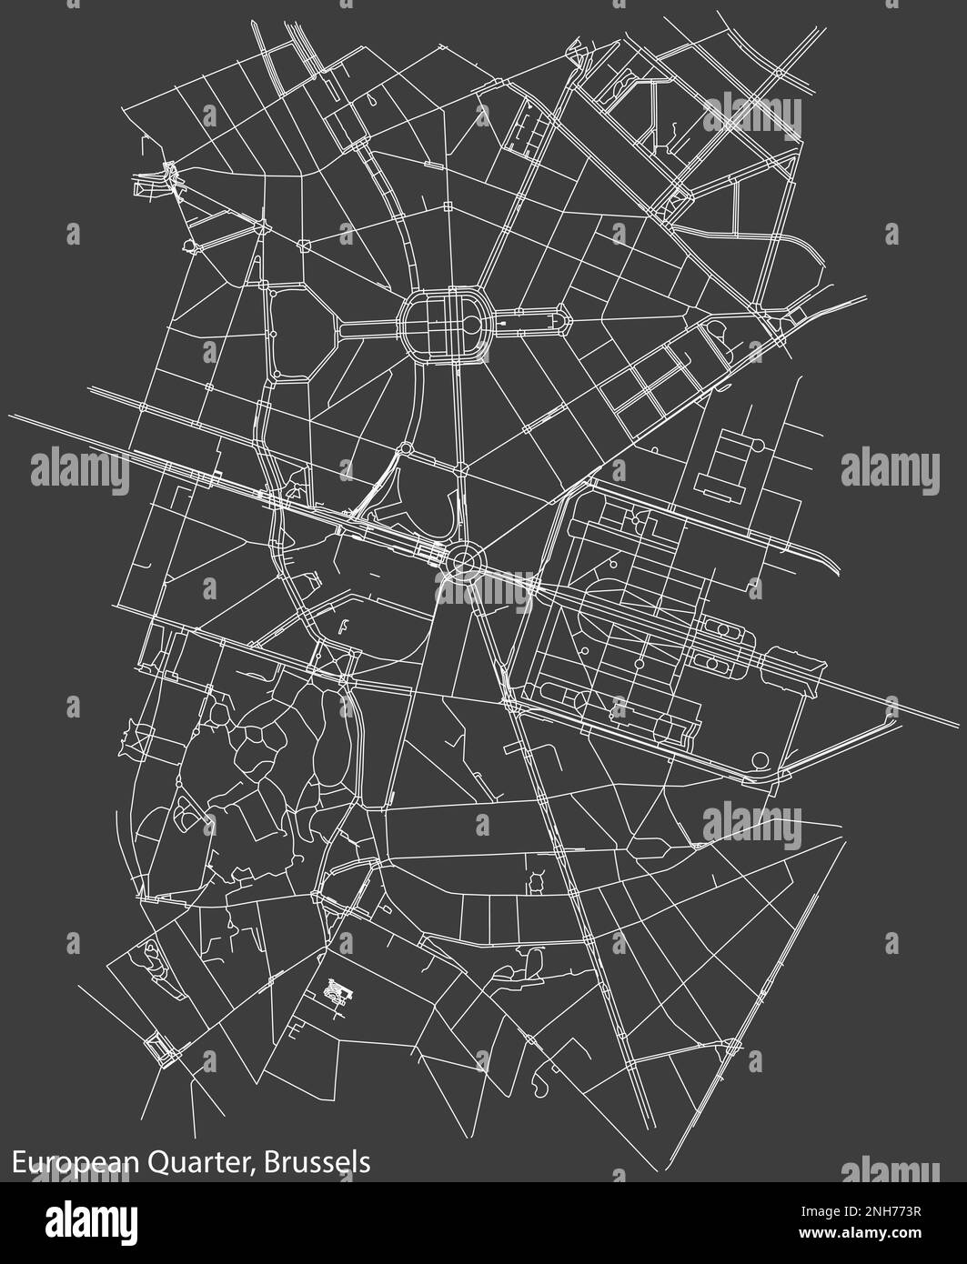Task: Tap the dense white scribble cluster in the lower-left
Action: (x=338, y=991)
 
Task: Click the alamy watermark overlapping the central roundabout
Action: (x=486, y=585)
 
